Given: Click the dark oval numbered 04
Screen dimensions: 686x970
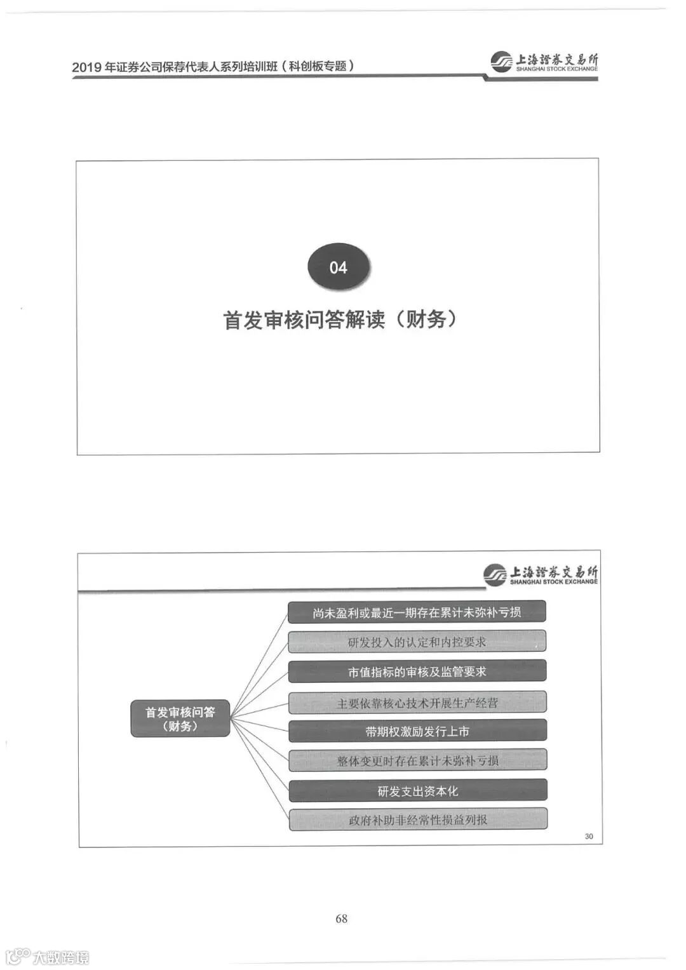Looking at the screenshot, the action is point(339,267).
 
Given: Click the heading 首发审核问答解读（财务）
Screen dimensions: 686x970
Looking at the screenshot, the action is point(340,319).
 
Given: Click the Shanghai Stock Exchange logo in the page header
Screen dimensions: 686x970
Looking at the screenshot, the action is point(544,62).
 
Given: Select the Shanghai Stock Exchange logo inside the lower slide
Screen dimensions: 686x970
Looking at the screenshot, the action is point(540,575).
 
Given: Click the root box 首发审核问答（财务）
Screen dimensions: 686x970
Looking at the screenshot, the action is point(180,718).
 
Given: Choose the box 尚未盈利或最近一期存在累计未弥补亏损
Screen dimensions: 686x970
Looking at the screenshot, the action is point(417,612).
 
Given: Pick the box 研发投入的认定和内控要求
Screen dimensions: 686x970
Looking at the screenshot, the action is point(417,642).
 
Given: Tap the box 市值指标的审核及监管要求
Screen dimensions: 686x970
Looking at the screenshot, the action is point(417,671).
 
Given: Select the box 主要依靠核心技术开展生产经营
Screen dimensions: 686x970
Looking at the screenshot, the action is point(417,703).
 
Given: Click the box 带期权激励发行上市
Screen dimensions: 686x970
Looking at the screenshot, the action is point(417,731).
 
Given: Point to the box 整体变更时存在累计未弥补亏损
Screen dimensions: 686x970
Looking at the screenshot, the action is point(417,760).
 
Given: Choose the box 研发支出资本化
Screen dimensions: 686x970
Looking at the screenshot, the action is point(417,791).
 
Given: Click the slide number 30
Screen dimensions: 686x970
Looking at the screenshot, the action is point(589,836).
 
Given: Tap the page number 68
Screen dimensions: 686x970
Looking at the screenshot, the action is point(341,918).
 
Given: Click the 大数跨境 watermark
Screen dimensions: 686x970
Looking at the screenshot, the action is point(48,957).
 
